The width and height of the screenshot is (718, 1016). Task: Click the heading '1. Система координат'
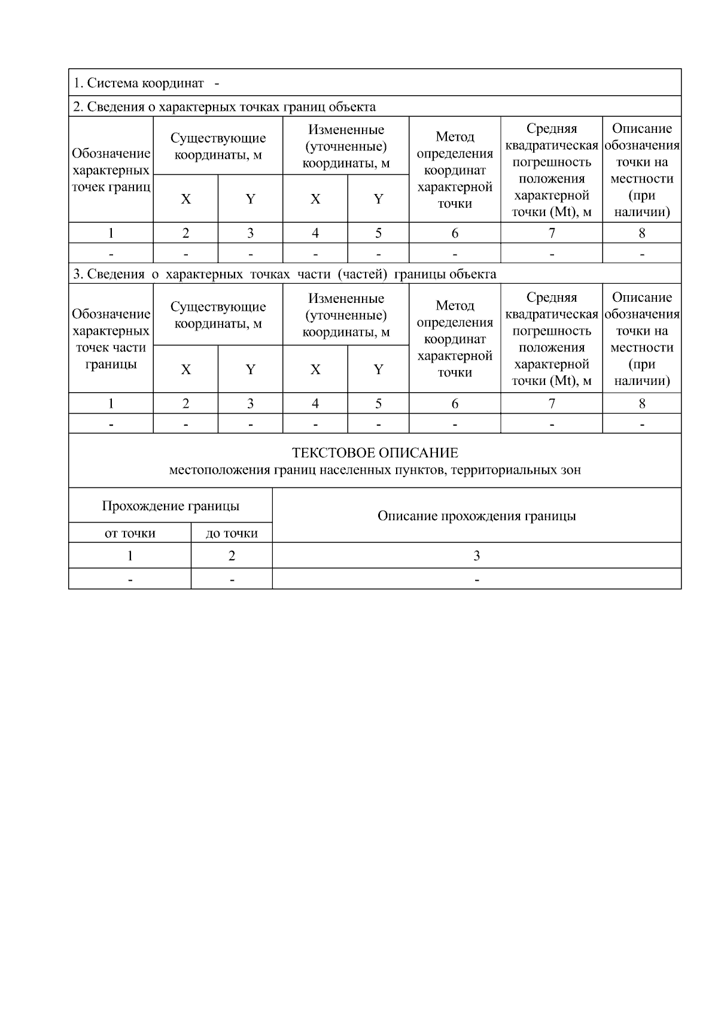[139, 83]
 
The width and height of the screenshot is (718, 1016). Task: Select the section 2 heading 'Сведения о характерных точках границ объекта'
[224, 107]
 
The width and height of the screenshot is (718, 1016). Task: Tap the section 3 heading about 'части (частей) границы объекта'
[285, 274]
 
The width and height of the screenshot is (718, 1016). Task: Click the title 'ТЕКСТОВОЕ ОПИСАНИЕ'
[375, 453]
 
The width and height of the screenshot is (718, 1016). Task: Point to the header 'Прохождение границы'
[171, 506]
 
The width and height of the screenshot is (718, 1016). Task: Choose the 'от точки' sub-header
[130, 533]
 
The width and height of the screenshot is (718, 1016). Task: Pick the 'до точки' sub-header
[232, 533]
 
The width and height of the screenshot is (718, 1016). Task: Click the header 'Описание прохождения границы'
[476, 515]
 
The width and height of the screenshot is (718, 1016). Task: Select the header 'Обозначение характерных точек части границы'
[111, 339]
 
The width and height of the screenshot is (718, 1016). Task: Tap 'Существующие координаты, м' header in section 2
[218, 146]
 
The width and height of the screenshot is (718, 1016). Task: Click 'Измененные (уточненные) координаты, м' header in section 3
[346, 315]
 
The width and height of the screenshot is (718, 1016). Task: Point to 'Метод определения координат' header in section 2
[455, 170]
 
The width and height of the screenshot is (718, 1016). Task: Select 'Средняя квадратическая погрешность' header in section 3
[552, 339]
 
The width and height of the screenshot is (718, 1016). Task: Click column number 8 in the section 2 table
[642, 233]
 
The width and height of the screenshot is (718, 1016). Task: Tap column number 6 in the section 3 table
[455, 404]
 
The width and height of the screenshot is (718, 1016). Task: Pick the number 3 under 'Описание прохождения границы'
[476, 556]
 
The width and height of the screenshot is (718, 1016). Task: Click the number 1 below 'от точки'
[130, 556]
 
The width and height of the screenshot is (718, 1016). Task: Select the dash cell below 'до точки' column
[232, 579]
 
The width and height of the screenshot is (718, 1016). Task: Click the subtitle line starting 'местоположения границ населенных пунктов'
[375, 470]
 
